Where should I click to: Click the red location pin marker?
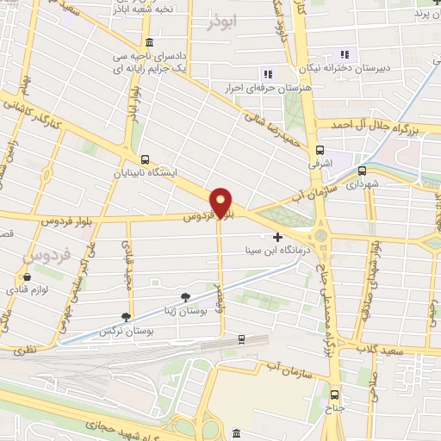point(222,202)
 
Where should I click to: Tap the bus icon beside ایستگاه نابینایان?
point(145,159)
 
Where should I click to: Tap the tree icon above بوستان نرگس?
point(127,317)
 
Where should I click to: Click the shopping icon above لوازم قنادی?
point(29,277)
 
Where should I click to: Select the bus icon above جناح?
point(335,394)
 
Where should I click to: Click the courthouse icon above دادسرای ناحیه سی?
point(150,43)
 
